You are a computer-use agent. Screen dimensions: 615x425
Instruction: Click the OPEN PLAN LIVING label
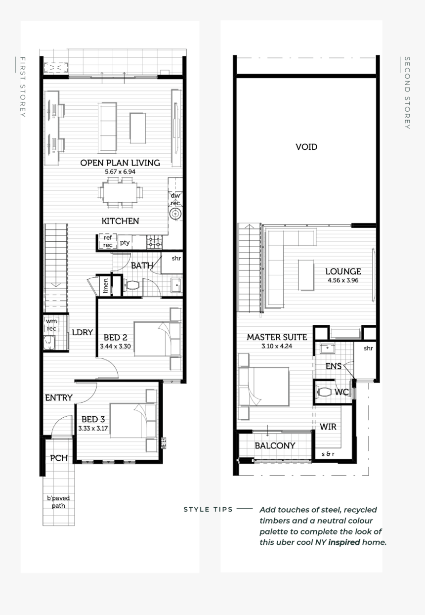[x=120, y=163]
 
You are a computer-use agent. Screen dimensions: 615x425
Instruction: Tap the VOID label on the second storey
[x=306, y=147]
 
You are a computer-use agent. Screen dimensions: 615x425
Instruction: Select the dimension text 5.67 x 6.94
[x=120, y=172]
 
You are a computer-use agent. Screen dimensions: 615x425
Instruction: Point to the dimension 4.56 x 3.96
[x=342, y=280]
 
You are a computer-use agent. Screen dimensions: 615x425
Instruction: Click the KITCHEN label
[x=120, y=221]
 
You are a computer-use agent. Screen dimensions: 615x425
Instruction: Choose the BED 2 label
[x=115, y=338]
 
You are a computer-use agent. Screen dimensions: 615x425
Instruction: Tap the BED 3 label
[x=93, y=420]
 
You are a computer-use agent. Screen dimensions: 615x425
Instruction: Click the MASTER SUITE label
[x=277, y=337]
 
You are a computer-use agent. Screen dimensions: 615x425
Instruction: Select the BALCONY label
[x=275, y=445]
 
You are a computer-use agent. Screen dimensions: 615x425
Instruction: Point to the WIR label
[x=328, y=427]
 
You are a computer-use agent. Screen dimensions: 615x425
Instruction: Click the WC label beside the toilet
[x=342, y=392]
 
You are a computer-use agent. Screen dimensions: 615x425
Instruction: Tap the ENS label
[x=334, y=366]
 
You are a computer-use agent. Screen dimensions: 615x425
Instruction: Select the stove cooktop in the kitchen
[x=154, y=242]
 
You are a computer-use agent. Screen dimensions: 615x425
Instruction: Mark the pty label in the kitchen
[x=125, y=242]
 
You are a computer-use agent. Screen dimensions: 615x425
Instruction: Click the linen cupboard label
[x=106, y=286]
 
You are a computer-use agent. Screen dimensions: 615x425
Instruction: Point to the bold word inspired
[x=344, y=542]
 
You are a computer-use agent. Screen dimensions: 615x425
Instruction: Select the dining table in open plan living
[x=120, y=192]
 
